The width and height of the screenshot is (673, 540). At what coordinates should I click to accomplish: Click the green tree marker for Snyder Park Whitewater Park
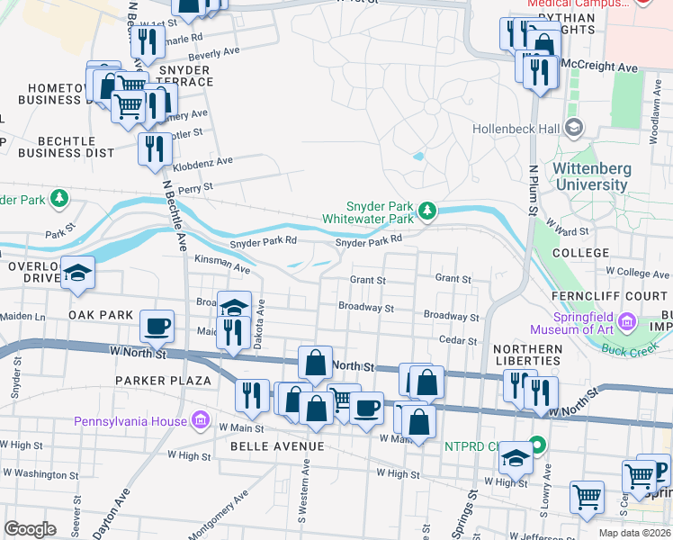pyautogui.click(x=428, y=211)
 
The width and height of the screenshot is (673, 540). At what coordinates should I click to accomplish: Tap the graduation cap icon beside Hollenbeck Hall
pyautogui.click(x=573, y=129)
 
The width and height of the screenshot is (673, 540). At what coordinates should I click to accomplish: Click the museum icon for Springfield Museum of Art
pyautogui.click(x=628, y=321)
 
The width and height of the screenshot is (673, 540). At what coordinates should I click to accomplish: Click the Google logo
pyautogui.click(x=30, y=529)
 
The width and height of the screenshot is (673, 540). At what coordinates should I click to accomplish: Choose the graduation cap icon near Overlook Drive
pyautogui.click(x=78, y=273)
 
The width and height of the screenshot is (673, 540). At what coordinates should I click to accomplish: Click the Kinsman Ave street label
pyautogui.click(x=222, y=263)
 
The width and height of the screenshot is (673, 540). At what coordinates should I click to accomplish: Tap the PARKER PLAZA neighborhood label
pyautogui.click(x=162, y=381)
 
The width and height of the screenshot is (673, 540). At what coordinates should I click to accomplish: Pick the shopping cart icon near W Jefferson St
pyautogui.click(x=586, y=496)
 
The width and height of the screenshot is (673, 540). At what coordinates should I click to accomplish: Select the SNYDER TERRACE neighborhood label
pyautogui.click(x=184, y=76)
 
